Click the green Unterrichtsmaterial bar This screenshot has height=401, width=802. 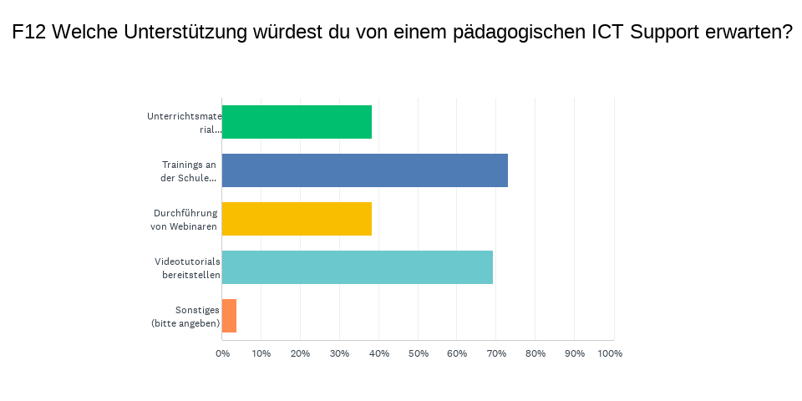click(x=297, y=122)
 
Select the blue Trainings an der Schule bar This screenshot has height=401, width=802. click(x=364, y=170)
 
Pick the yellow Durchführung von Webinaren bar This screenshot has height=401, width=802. click(x=297, y=219)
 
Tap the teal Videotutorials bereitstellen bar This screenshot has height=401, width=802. click(x=357, y=267)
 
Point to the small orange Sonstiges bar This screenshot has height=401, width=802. click(x=229, y=316)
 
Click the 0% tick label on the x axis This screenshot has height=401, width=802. click(x=222, y=353)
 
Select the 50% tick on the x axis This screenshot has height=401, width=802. click(x=418, y=353)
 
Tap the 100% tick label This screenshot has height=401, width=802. click(x=610, y=353)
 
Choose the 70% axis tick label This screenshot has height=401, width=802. click(x=496, y=353)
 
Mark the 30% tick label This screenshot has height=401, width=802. click(x=339, y=353)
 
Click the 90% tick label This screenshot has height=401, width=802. click(x=575, y=353)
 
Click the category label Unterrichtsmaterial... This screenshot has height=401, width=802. click(x=184, y=122)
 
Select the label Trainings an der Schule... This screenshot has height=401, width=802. click(x=188, y=170)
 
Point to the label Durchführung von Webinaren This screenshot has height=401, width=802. click(x=185, y=219)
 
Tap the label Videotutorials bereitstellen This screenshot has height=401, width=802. click(x=187, y=267)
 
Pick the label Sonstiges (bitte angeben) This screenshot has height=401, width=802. click(x=185, y=316)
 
